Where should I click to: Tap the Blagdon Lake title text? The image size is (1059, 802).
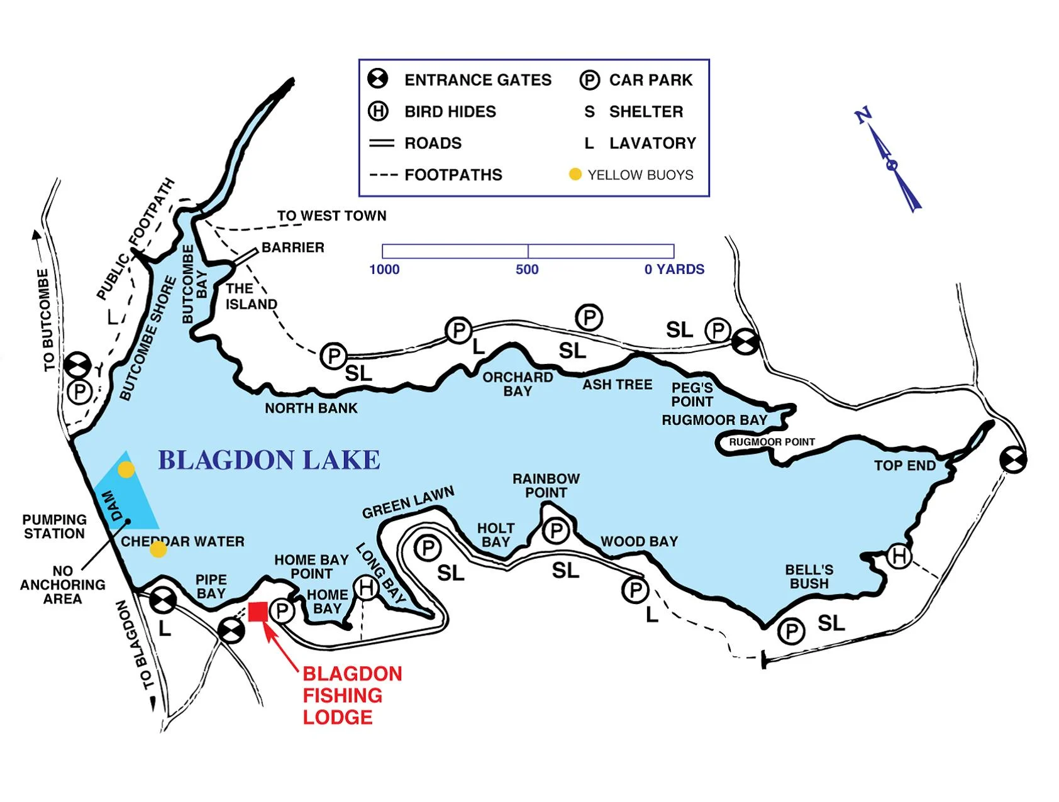click(x=269, y=460)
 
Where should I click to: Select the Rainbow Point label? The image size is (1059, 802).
click(x=546, y=486)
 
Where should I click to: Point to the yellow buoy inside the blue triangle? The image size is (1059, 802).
click(x=126, y=470)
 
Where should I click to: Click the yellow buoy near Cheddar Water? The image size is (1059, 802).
click(x=158, y=549)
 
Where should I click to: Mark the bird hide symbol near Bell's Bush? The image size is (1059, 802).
click(x=899, y=556)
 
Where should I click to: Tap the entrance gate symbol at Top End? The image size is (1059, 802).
click(x=1013, y=460)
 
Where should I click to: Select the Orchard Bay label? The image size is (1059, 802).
click(x=518, y=384)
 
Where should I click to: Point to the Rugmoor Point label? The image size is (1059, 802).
click(x=772, y=442)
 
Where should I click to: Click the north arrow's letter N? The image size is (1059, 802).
click(x=863, y=116)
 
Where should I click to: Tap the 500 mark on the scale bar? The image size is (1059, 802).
click(x=527, y=270)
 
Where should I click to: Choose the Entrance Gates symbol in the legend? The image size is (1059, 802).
click(x=378, y=79)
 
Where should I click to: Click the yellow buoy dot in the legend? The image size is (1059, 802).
click(x=575, y=174)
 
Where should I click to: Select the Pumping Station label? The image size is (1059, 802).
click(x=54, y=527)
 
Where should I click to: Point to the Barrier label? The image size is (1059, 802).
click(x=292, y=248)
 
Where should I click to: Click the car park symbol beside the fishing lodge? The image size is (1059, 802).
click(x=282, y=610)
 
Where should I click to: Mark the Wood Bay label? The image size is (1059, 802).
click(x=639, y=541)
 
